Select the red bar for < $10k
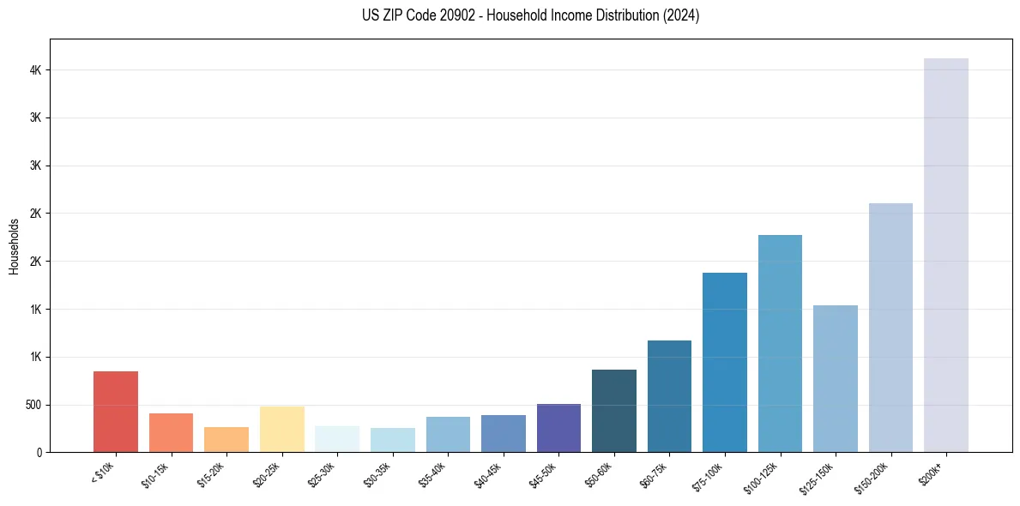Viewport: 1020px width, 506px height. coord(116,412)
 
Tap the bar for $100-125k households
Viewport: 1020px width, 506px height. coord(780,343)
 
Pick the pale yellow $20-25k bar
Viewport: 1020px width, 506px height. coord(282,429)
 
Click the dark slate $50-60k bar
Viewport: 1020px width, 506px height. coord(614,411)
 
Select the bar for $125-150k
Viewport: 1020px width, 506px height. coord(835,378)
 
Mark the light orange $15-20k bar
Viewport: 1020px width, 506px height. coord(226,439)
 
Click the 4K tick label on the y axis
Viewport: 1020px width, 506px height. coord(34,70)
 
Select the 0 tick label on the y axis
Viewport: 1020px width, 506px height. coord(38,452)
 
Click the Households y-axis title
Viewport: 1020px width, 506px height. coord(15,246)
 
